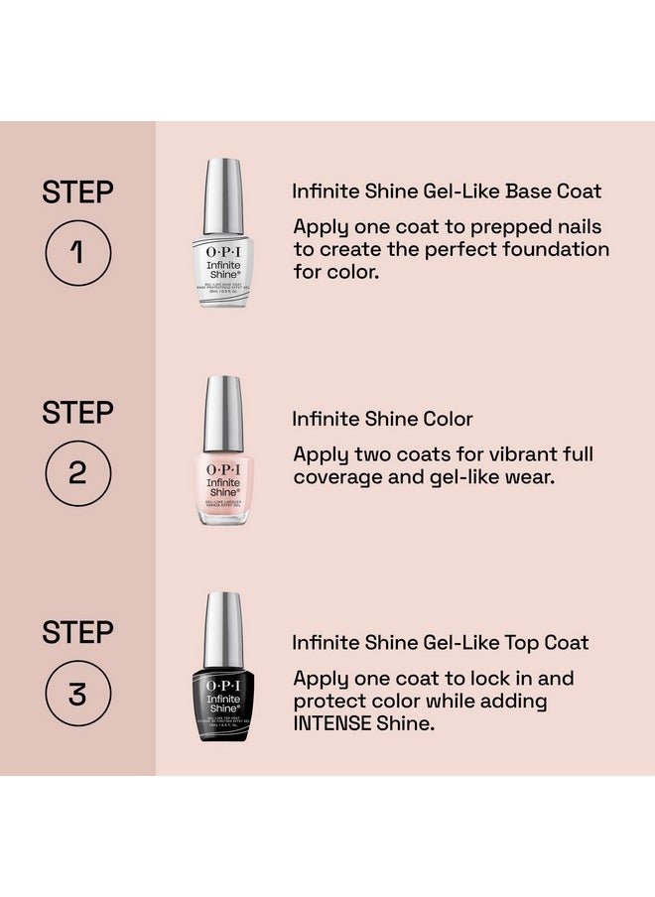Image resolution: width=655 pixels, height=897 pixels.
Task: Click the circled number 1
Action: tap(77, 253)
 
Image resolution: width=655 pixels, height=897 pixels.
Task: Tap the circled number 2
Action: tap(77, 472)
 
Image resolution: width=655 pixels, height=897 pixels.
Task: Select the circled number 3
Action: tap(77, 694)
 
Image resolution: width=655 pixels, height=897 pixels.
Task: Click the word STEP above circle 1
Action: tap(77, 192)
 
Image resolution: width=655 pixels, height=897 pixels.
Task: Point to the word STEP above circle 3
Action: tap(77, 632)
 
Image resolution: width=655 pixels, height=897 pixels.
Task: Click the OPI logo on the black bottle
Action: tap(223, 686)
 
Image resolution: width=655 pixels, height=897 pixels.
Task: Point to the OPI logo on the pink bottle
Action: tap(223, 467)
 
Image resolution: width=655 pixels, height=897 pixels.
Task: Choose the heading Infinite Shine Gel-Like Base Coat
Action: tap(447, 192)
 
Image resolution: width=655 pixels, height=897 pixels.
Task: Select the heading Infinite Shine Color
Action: tap(382, 419)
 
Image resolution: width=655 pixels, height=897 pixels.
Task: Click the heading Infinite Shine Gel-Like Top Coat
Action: tap(440, 643)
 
